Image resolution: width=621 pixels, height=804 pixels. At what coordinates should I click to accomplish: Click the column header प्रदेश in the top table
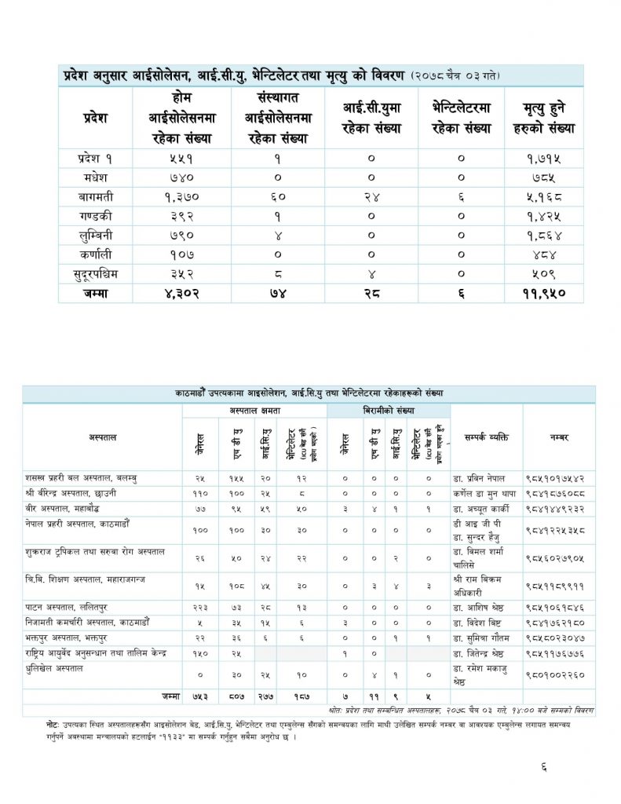pyautogui.click(x=95, y=118)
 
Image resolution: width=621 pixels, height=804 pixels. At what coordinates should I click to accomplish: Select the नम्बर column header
pyautogui.click(x=559, y=437)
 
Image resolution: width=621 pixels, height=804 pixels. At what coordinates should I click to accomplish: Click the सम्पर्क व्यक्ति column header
pyautogui.click(x=486, y=437)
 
